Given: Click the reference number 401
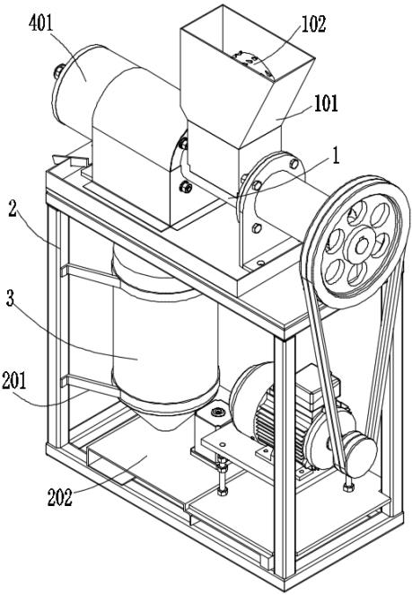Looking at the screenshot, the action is [x=41, y=24].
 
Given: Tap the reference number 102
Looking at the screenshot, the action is [x=313, y=24].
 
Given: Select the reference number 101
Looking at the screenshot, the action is [x=326, y=102].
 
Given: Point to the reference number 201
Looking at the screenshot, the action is [x=14, y=380].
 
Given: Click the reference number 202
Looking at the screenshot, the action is [x=60, y=497].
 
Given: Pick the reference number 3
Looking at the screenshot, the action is [x=10, y=298].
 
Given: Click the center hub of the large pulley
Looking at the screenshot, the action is [x=359, y=244].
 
